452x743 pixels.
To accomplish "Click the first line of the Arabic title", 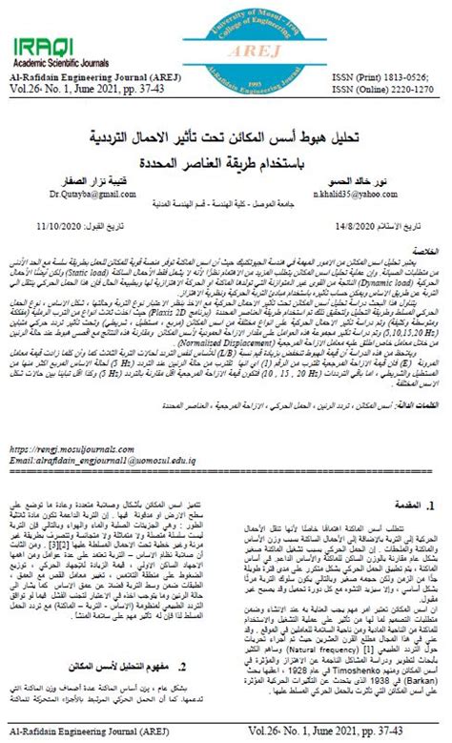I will (x=225, y=136).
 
